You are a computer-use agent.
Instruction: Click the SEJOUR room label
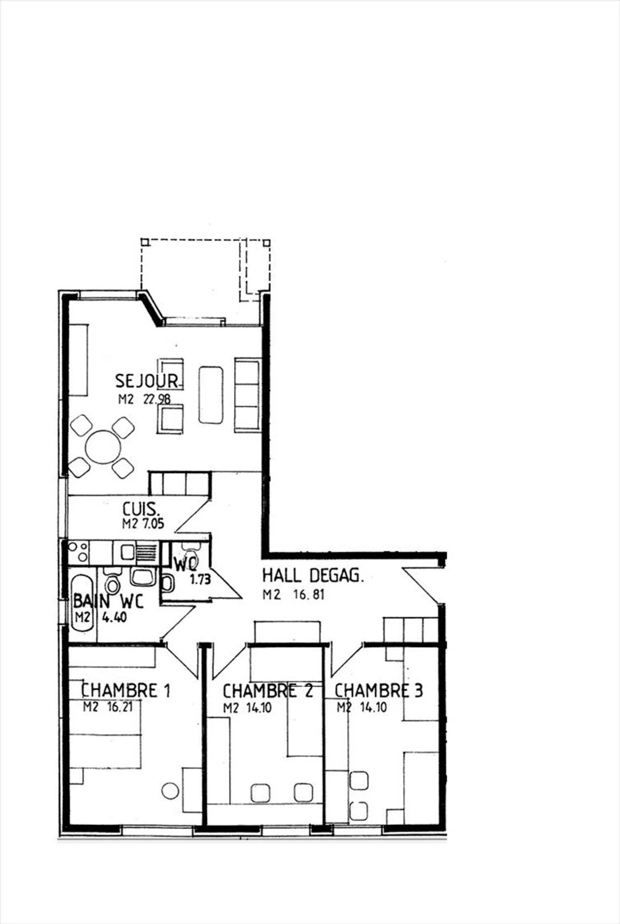tap(146, 381)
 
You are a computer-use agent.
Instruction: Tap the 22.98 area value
tap(157, 399)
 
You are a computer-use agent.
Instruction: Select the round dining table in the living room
tap(103, 447)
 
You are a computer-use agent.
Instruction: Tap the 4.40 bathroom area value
tap(114, 617)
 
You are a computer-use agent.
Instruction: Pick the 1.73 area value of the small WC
tap(200, 580)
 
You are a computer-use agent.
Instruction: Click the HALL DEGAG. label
tap(313, 576)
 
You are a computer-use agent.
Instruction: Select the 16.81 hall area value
tap(309, 595)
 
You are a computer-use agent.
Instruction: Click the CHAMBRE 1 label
tap(126, 691)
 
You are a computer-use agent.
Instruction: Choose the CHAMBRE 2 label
tap(267, 691)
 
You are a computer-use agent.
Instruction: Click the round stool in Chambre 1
tap(170, 791)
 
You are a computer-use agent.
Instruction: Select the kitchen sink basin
tap(127, 552)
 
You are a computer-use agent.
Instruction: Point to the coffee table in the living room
tap(211, 395)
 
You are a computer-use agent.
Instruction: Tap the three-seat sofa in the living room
tap(247, 395)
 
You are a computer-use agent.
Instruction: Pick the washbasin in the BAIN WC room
tap(144, 577)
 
